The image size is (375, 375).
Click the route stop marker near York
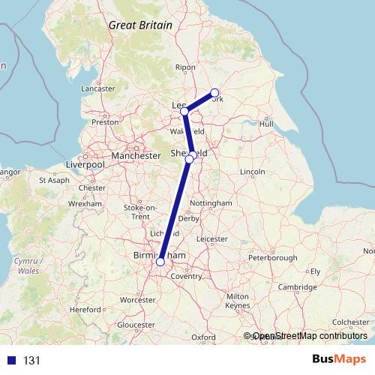click(x=214, y=93)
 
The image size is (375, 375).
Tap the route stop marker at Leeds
click(x=184, y=112)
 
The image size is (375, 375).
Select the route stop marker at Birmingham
click(x=160, y=262)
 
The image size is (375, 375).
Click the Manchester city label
click(x=136, y=155)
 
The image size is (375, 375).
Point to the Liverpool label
click(x=85, y=163)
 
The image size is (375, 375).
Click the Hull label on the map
click(x=265, y=123)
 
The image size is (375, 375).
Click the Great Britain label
click(x=140, y=25)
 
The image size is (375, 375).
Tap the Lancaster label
click(x=98, y=88)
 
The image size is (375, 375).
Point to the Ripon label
click(x=184, y=67)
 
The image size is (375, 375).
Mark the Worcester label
click(x=137, y=299)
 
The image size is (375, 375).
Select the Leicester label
click(x=211, y=238)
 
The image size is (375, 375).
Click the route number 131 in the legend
click(x=31, y=361)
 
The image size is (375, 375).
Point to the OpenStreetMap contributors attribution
click(x=310, y=337)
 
